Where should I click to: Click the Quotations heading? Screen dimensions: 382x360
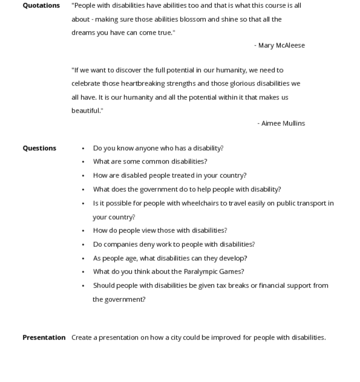coord(41,5)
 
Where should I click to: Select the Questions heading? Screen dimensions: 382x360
coord(39,148)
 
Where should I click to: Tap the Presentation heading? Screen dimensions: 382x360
coord(44,338)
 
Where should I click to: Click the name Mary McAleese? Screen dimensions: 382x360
coord(281,45)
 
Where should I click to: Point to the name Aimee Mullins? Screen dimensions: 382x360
coord(283,123)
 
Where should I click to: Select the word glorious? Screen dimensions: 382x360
coord(242,84)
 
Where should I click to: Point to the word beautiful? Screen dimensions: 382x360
coord(86,110)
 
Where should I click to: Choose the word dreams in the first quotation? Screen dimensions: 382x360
coord(83,33)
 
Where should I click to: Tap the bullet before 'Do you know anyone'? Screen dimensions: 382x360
coord(83,148)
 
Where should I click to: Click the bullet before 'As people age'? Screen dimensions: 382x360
coord(83,259)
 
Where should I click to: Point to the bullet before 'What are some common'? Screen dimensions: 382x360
coord(83,162)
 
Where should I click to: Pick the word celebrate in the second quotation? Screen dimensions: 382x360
coord(86,84)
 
